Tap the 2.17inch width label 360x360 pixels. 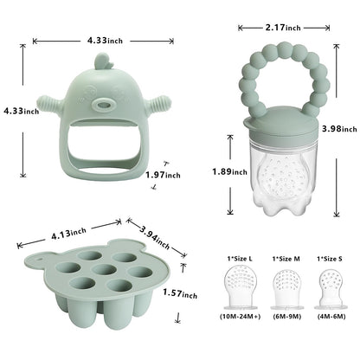(282, 29)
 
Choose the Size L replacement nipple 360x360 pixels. (240, 286)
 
